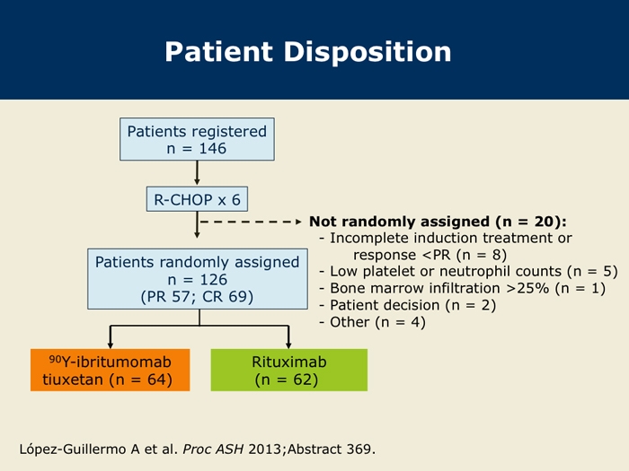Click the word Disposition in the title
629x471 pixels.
pos(368,52)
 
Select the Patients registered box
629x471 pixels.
pos(197,139)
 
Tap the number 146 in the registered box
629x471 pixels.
pos(213,149)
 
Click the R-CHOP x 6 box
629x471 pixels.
pos(197,199)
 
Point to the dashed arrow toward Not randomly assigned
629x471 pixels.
pos(251,222)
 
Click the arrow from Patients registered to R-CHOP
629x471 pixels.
pos(197,173)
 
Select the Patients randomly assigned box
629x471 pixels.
pos(198,279)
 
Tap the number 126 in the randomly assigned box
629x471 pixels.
pos(214,280)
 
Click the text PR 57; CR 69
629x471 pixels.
pos(197,297)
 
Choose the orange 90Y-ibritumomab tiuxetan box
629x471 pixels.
pos(110,370)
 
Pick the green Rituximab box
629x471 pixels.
pos(288,370)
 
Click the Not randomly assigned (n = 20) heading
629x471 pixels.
pos(438,222)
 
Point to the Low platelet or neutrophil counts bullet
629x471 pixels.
pos(468,272)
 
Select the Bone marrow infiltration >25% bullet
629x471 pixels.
pos(462,288)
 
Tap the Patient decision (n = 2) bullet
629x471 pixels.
pos(408,305)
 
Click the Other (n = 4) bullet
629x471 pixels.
pos(372,322)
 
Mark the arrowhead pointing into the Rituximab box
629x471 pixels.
pos(288,345)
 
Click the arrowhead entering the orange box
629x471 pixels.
pos(111,345)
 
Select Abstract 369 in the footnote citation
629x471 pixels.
pos(332,449)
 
